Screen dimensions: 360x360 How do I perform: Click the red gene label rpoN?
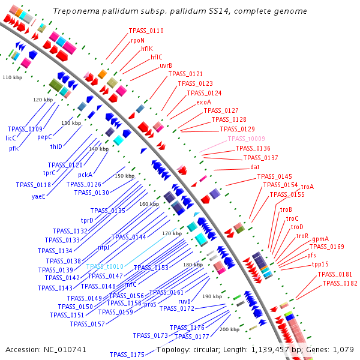[137, 40]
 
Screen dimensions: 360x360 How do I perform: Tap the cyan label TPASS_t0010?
[104, 266]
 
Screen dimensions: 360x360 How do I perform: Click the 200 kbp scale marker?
[229, 329]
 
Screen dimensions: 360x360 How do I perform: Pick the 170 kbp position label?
[172, 233]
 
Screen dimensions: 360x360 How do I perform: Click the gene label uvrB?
[166, 65]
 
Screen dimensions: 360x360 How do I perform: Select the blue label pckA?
[85, 175]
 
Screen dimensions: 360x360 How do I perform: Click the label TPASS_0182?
[340, 283]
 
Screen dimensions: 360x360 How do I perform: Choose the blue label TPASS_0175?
[130, 355]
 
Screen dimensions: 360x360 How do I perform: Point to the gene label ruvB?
[184, 301]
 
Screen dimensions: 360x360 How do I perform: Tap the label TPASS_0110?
[146, 31]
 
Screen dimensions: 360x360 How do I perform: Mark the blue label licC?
[11, 138]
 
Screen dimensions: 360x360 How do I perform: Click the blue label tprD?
[87, 220]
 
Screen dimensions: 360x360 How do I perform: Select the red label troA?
[307, 187]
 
